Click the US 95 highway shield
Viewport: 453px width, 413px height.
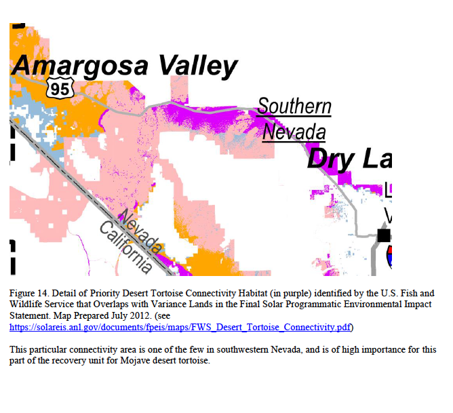[60, 87]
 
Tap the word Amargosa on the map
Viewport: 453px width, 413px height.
[80, 66]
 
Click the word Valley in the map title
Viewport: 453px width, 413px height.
[198, 66]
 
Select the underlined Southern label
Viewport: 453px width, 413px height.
[294, 106]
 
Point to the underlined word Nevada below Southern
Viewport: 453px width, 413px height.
[294, 132]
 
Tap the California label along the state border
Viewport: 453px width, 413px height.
[126, 248]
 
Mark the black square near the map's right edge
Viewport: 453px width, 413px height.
[384, 235]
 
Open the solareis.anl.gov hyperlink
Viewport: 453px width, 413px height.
[180, 328]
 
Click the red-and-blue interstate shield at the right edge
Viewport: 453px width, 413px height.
[389, 256]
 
